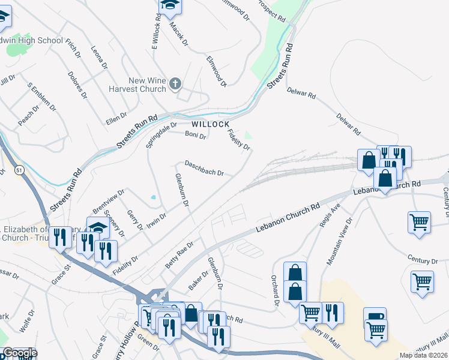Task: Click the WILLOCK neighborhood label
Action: click(211, 124)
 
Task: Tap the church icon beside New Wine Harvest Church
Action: click(175, 84)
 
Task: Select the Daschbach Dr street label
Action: click(204, 168)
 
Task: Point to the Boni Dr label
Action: click(196, 136)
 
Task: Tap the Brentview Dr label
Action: click(108, 202)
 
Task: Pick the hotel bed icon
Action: click(375, 316)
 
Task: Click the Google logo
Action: click(19, 353)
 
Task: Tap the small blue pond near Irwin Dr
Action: click(154, 197)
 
